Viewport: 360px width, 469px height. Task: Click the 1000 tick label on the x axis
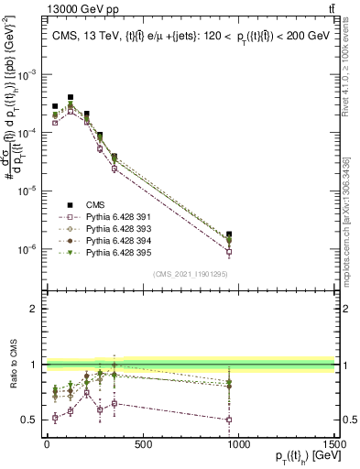tap(239, 444)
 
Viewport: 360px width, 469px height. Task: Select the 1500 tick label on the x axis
tap(334, 444)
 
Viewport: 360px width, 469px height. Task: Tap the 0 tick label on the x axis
tap(47, 444)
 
